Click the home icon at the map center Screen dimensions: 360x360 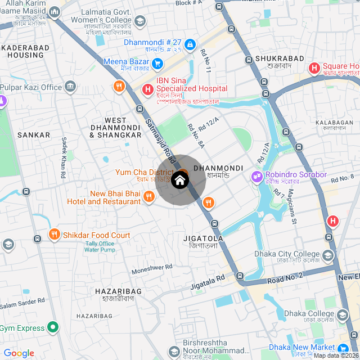point(179,180)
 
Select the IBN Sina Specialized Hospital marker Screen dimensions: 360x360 point(147,89)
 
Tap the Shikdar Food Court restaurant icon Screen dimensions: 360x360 point(54,235)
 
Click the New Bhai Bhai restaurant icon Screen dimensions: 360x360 point(148,196)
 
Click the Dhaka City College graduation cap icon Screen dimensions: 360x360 point(328,256)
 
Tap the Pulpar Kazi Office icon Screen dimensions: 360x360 point(70,87)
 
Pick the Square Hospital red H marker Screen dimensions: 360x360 point(314,69)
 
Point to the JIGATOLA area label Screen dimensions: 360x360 point(203,238)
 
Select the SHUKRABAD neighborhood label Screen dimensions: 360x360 point(279,58)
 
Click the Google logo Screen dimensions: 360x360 point(19,353)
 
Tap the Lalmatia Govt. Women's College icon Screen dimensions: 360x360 point(140,21)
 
